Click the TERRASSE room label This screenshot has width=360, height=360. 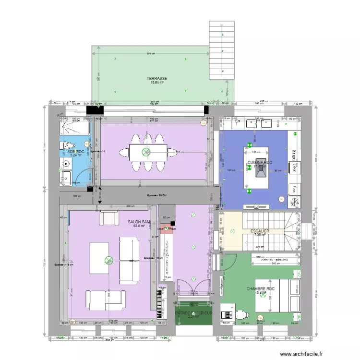coord(157,78)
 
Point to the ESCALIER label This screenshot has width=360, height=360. coord(260,231)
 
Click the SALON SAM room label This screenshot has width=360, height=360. coord(139,222)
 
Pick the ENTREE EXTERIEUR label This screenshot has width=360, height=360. coord(193,313)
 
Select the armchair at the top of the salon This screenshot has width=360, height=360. coord(109,218)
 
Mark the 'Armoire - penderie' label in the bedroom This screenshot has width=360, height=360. coord(271,262)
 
